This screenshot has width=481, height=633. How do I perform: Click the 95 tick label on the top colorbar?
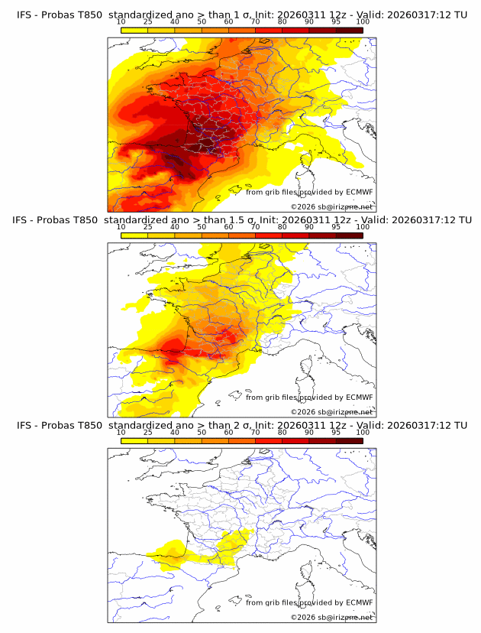pos(336,22)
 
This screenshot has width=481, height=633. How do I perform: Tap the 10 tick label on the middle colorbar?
pos(121,227)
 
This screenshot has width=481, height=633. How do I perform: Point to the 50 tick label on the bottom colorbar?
pos(202,432)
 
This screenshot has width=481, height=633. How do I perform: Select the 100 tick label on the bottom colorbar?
pos(363,432)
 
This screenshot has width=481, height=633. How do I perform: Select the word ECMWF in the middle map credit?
pos(359,398)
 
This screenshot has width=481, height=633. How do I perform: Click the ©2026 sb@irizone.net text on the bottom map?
pos(331,616)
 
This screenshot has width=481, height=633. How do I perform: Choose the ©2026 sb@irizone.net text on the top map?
pos(331,206)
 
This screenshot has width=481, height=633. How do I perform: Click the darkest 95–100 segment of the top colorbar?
pos(350,30)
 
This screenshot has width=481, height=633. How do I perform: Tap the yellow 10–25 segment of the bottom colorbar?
pos(134,440)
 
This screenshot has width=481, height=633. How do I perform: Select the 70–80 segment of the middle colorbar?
pos(269,235)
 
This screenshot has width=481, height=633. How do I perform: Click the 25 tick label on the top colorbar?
pos(147,22)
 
